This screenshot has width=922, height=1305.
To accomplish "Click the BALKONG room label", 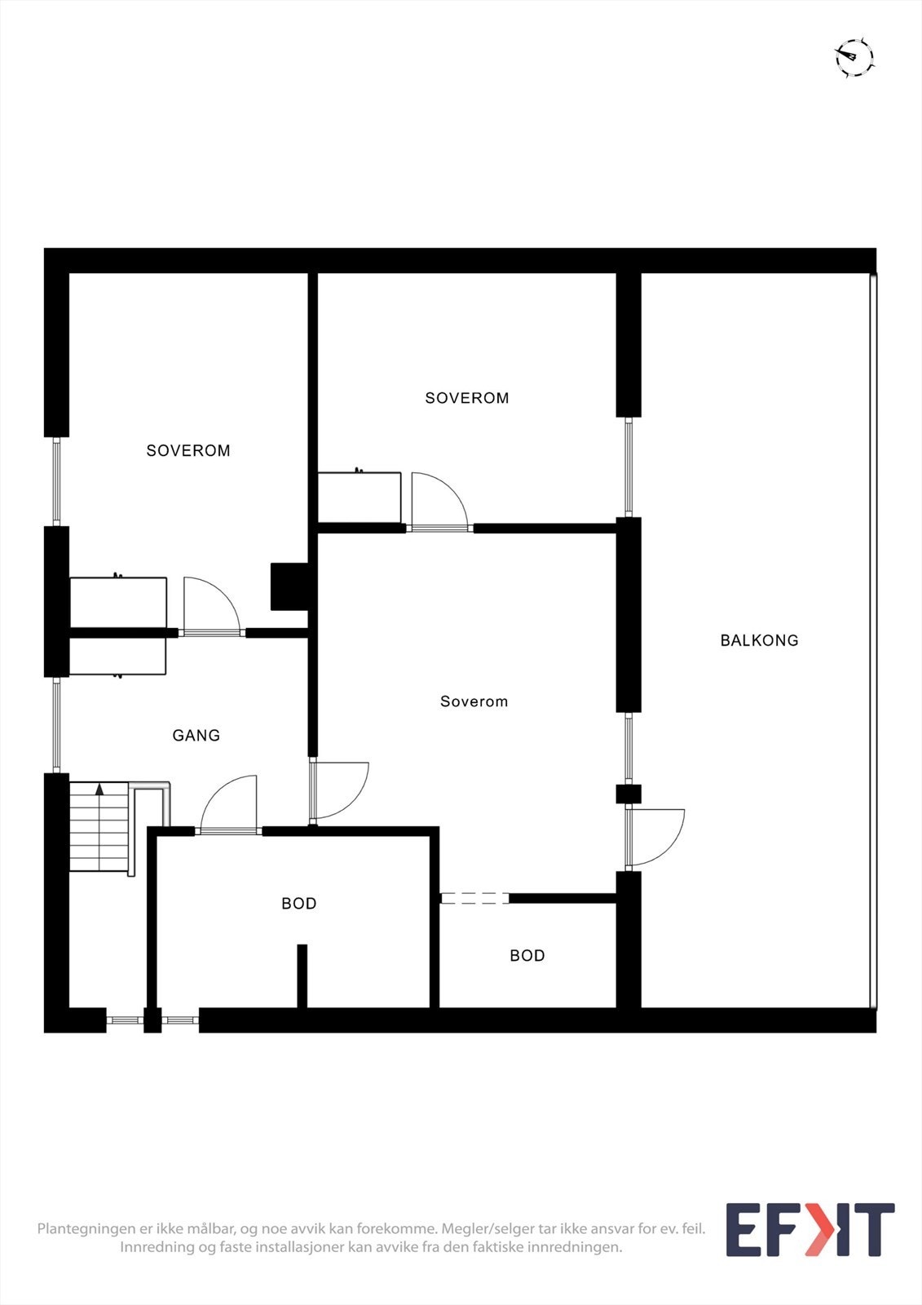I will (759, 640).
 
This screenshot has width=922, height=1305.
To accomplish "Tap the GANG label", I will (196, 736).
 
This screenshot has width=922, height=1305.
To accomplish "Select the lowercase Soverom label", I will (474, 701).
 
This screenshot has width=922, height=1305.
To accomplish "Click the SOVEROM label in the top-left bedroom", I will (188, 450).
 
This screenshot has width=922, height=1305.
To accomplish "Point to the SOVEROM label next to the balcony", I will (466, 398).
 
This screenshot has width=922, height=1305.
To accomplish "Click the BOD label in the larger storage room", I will (298, 904).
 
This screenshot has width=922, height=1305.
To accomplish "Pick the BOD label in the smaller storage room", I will (527, 956).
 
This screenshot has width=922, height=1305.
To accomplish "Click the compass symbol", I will (854, 58).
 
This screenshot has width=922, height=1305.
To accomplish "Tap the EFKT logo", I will (810, 1230).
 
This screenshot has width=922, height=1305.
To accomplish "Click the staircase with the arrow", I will (99, 825).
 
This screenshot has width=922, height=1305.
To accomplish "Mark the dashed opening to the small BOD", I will (474, 898).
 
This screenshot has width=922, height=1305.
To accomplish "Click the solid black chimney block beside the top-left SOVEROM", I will (289, 586).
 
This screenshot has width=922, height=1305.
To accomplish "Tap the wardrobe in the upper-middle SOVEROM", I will (359, 497).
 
